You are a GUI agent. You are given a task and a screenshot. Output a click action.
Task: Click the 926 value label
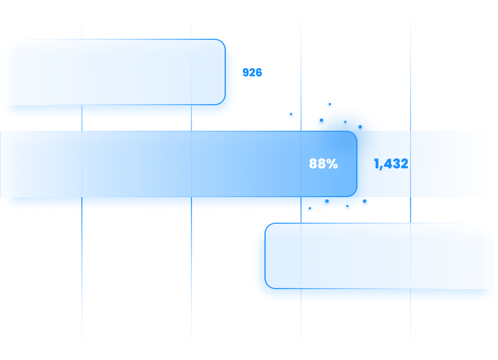pyautogui.click(x=252, y=73)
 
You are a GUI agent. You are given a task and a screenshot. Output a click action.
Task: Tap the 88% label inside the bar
pyautogui.click(x=323, y=164)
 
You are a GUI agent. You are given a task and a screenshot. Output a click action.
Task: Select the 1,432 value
pyautogui.click(x=391, y=164)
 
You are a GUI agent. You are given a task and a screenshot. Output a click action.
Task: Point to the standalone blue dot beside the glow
pyautogui.click(x=291, y=115)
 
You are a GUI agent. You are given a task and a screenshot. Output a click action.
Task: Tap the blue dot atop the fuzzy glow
pyautogui.click(x=330, y=105)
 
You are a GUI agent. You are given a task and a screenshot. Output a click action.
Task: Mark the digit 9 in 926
pyautogui.click(x=246, y=73)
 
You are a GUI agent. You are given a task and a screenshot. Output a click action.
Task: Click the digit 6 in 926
pyautogui.click(x=258, y=73)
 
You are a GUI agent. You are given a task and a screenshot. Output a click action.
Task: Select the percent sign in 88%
pyautogui.click(x=332, y=164)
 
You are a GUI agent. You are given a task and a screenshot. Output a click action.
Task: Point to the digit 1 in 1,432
pyautogui.click(x=377, y=164)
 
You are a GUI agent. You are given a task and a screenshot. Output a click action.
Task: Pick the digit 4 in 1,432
pyautogui.click(x=388, y=164)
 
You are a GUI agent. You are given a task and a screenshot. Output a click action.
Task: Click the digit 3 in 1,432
pyautogui.click(x=396, y=164)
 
